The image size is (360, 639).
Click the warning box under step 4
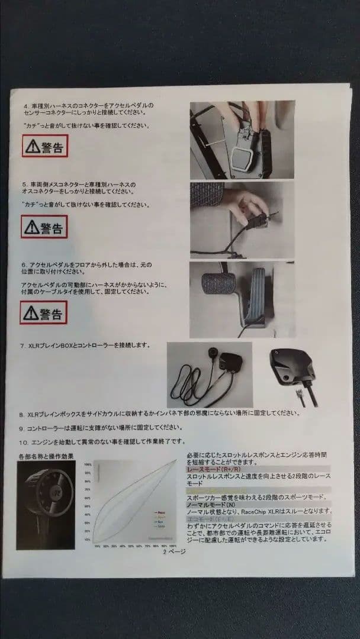click(45, 146)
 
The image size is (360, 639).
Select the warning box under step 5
click(44, 226)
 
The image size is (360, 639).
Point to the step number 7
click(22, 345)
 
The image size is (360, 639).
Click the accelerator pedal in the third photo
click(256, 293)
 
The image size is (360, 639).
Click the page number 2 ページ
click(175, 551)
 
